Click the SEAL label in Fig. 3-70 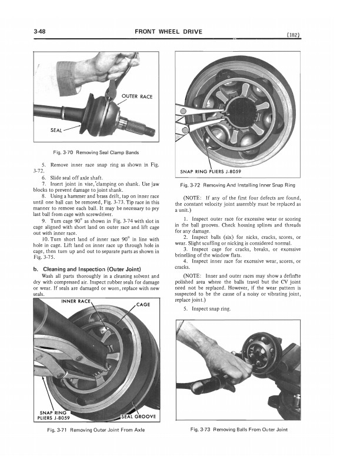point(49,130)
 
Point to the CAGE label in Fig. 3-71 point(143,305)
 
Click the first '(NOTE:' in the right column point(194,198)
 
